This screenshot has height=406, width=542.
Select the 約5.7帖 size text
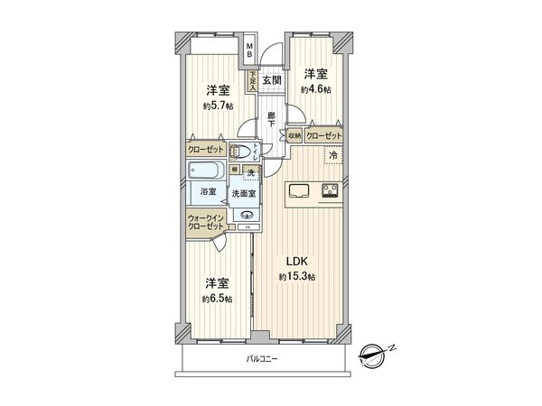pyautogui.click(x=216, y=106)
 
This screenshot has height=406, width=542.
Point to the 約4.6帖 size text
pyautogui.click(x=316, y=89)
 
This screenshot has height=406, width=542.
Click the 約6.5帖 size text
pyautogui.click(x=216, y=299)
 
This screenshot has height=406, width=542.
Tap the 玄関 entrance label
pyautogui.click(x=271, y=81)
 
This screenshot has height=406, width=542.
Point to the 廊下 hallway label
pyautogui.click(x=271, y=118)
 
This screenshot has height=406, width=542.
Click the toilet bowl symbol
pyautogui.click(x=239, y=152)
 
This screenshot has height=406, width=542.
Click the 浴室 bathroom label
pyautogui.click(x=208, y=191)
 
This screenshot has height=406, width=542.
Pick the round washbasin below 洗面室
pyautogui.click(x=246, y=214)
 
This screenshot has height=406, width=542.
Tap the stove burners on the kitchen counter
pyautogui.click(x=330, y=189)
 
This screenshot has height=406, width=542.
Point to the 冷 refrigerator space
pyautogui.click(x=332, y=155)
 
